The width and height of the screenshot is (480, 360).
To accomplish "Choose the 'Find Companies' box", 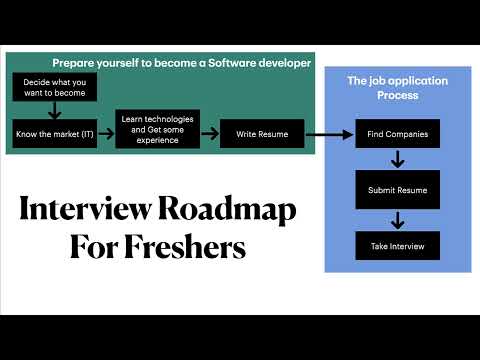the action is (397, 133).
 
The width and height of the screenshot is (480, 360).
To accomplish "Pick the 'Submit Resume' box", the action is (397, 189).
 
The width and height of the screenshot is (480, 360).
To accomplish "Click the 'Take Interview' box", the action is (397, 246).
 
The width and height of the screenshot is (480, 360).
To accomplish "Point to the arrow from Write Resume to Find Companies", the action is (330, 133).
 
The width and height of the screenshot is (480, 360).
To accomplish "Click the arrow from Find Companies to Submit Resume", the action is (397, 160).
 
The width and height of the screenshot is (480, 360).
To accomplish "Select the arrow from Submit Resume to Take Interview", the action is (397, 218).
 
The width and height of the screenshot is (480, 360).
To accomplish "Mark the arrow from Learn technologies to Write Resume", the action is (209, 132).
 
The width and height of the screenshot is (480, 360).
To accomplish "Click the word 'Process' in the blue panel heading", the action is (397, 95).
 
